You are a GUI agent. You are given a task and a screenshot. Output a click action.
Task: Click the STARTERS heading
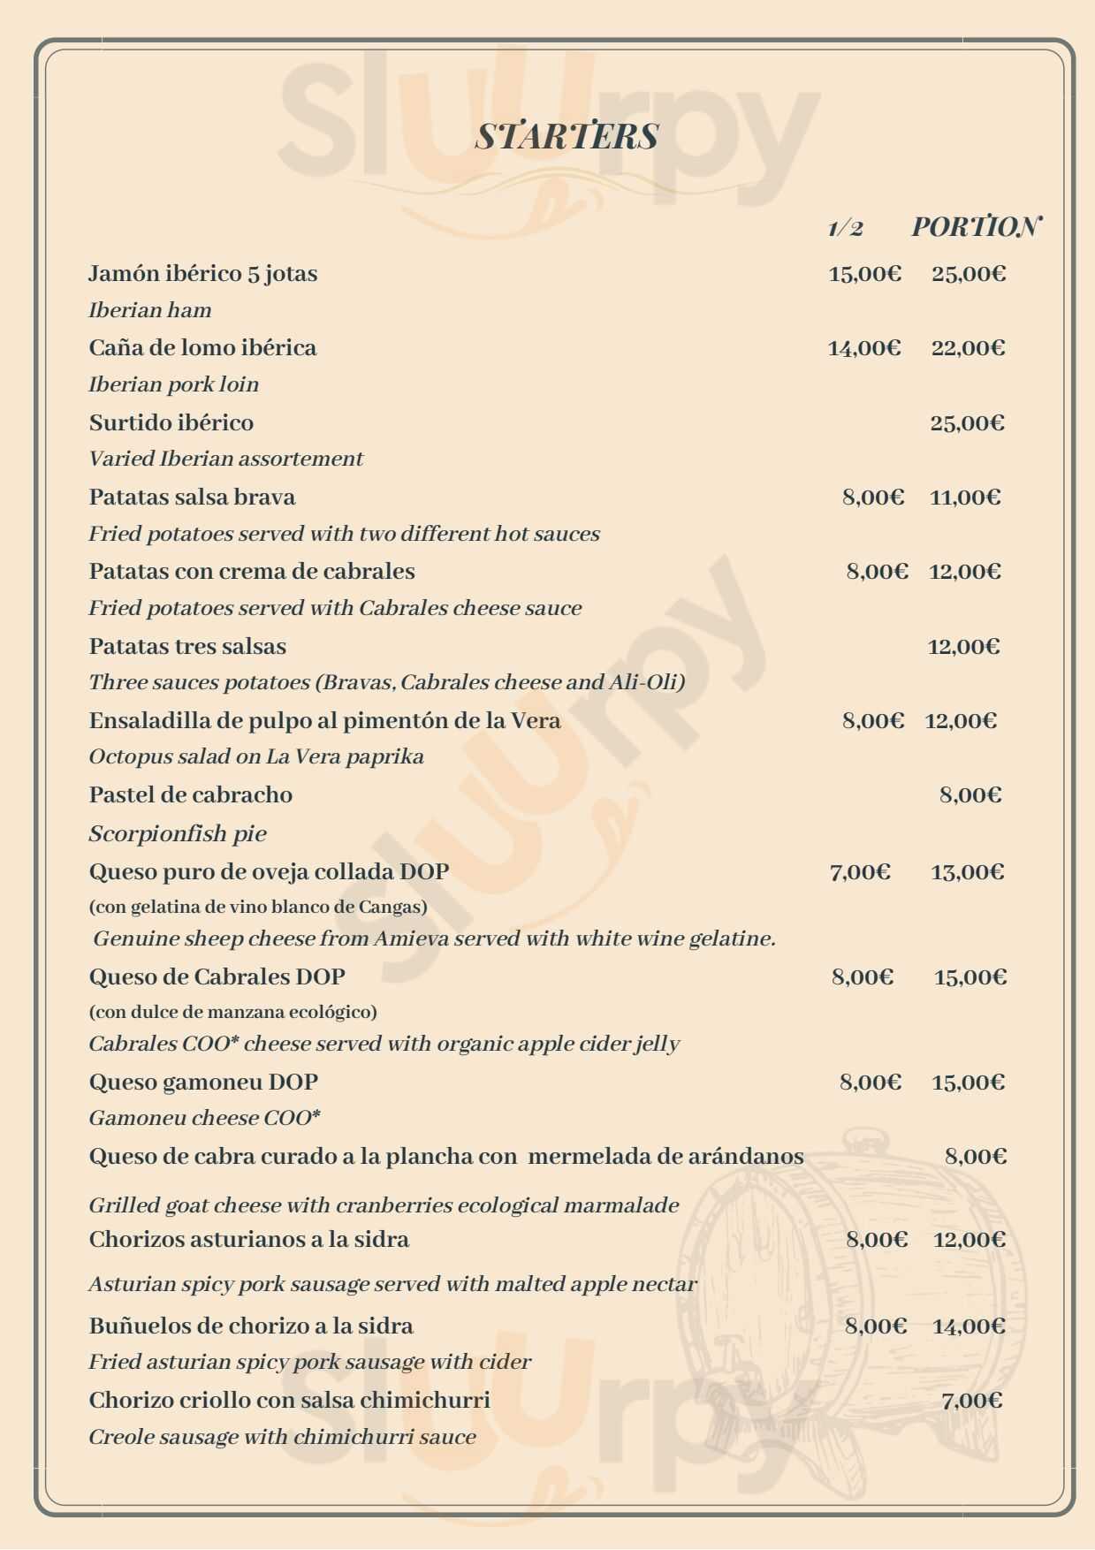click(x=567, y=136)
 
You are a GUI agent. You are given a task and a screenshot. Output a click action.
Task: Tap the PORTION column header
click(x=976, y=227)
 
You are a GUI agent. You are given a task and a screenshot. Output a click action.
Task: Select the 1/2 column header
click(x=845, y=228)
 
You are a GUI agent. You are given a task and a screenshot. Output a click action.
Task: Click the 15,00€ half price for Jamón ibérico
click(x=864, y=274)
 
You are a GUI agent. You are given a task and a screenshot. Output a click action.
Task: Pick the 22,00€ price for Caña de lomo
click(x=968, y=348)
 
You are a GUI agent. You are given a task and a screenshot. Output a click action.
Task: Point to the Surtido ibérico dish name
click(x=171, y=422)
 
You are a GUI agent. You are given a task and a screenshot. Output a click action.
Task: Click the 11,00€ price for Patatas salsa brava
click(x=965, y=498)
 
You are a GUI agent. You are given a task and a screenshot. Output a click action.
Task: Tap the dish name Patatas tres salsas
click(x=187, y=646)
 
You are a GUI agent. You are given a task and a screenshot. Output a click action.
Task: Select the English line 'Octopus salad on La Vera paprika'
click(x=256, y=756)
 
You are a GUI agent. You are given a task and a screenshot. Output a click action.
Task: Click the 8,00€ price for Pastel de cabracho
click(x=970, y=795)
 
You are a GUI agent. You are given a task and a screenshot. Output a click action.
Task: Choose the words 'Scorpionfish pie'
click(x=178, y=833)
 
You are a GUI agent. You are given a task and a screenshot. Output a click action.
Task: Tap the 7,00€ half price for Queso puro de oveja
click(x=860, y=872)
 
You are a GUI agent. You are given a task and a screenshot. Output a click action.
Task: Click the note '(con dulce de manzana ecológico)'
click(x=233, y=1011)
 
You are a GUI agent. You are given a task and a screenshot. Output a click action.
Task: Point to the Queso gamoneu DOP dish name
click(x=203, y=1082)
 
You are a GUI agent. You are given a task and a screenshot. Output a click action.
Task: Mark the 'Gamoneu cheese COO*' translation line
click(x=204, y=1118)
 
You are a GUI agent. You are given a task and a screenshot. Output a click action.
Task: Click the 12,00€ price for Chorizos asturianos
click(x=970, y=1240)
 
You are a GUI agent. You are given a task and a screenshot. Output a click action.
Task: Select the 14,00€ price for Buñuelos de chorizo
click(x=969, y=1326)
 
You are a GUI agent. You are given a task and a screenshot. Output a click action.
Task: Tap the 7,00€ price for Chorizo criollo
click(x=972, y=1401)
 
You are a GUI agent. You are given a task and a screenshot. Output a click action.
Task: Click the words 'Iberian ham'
click(x=150, y=310)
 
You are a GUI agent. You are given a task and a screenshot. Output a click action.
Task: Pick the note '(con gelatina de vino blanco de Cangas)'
click(x=258, y=907)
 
